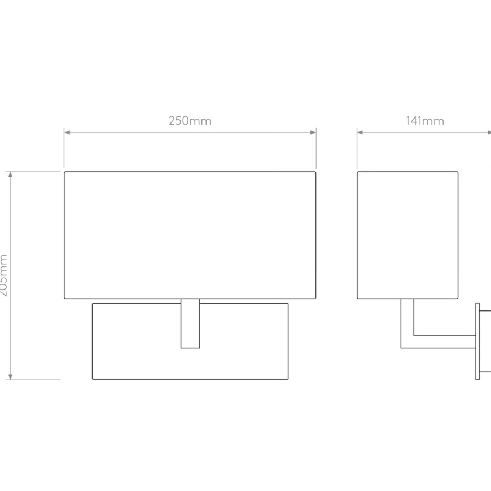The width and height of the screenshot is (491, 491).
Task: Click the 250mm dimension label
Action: [190, 121]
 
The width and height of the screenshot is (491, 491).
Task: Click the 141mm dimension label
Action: [425, 121]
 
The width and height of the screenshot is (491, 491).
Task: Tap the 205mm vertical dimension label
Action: [3, 275]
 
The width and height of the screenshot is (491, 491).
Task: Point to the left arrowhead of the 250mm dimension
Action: [67, 133]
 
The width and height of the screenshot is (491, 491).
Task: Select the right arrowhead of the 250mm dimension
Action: [313, 133]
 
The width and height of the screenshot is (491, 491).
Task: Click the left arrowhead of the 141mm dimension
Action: [360, 133]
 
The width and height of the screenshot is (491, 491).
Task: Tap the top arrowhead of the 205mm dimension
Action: [10, 174]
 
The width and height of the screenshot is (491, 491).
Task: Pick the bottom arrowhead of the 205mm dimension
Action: [10, 376]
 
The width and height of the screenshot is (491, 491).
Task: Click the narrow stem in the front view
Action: [190, 323]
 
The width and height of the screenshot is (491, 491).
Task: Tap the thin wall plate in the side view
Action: [477, 341]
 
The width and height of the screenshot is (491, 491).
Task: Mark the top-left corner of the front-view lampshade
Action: [64, 172]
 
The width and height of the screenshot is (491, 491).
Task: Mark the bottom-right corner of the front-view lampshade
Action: [315, 299]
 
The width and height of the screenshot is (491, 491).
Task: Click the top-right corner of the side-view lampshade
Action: [458, 172]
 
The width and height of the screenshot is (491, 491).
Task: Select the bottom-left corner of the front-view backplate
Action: [93, 379]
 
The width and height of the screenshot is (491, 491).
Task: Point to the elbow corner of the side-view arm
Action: [401, 348]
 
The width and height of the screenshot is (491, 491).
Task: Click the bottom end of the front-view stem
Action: [190, 348]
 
